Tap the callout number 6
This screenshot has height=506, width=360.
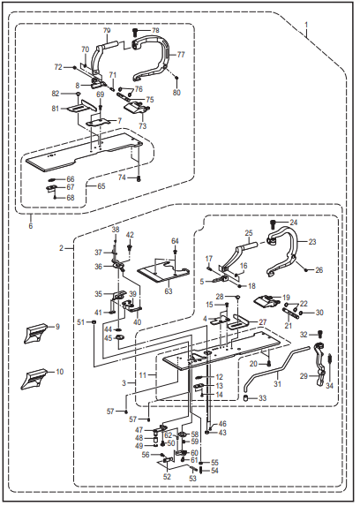[30, 226]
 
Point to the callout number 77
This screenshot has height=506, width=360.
[180, 55]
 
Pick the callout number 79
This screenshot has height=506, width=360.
[107, 31]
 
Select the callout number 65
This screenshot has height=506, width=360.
[101, 187]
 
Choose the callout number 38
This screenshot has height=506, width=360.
[115, 230]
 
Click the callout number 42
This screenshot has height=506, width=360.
[131, 235]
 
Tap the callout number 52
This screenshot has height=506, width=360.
[167, 476]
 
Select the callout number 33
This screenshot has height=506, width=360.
[251, 400]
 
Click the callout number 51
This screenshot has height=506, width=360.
[80, 321]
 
